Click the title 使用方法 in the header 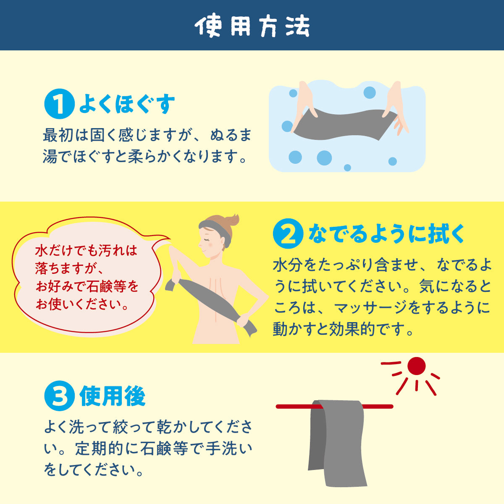252,26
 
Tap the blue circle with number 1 59,105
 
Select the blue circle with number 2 288,234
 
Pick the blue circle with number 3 59,396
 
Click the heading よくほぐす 127,105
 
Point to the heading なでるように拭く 386,234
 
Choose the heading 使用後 113,396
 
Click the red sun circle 416,366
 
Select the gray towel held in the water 344,124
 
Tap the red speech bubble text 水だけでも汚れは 87,251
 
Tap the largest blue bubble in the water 324,158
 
